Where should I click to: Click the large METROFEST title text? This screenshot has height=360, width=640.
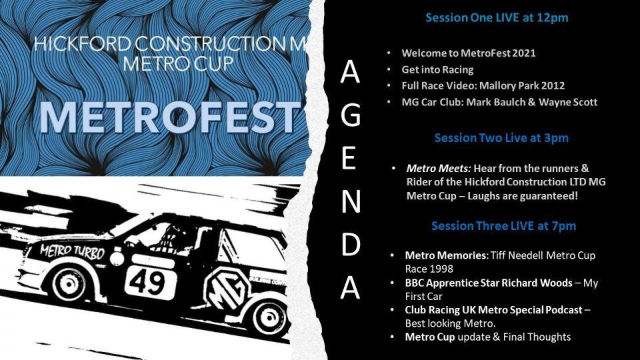pyautogui.click(x=167, y=119)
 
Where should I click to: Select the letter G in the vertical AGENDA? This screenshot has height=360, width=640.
pyautogui.click(x=350, y=117)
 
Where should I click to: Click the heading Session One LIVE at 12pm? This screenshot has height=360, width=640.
pyautogui.click(x=497, y=18)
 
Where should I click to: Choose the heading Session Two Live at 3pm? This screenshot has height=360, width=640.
pyautogui.click(x=501, y=138)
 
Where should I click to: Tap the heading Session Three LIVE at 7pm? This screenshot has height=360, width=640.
pyautogui.click(x=503, y=226)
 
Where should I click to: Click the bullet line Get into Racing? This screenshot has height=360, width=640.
pyautogui.click(x=437, y=69)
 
